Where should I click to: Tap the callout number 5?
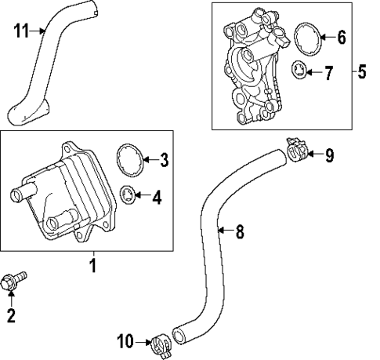tap(360, 73)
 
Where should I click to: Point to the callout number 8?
tap(240, 231)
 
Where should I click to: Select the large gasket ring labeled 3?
tap(128, 158)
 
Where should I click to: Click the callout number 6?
tap(341, 37)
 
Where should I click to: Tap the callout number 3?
tap(164, 161)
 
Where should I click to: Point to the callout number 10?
tap(126, 340)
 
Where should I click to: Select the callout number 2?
tap(11, 316)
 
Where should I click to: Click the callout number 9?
tap(329, 155)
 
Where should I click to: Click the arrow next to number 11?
tap(39, 31)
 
